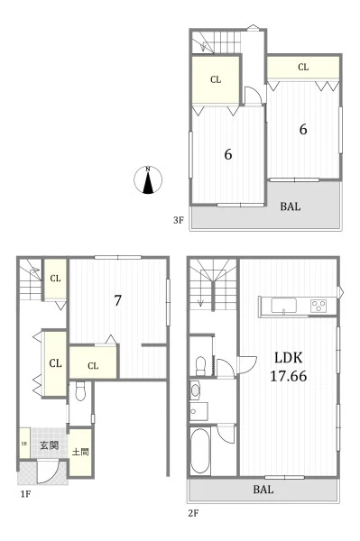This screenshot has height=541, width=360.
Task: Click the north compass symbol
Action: tap(148, 179)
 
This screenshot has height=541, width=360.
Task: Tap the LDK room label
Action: tap(288, 358)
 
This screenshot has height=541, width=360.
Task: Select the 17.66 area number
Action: tap(288, 376)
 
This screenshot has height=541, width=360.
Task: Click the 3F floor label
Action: tap(178, 220)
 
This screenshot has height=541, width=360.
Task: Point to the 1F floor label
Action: tap(25, 494)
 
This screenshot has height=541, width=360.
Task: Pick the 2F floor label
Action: tap(193, 513)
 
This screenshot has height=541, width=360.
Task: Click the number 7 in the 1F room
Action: tap(117, 300)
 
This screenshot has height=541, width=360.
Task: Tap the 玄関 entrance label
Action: tap(49, 445)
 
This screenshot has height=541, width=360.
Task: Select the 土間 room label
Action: tap(80, 452)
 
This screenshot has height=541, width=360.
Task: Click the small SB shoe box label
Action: tap(24, 444)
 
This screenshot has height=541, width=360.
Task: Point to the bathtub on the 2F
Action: tap(200, 452)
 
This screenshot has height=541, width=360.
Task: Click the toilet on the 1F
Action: tap(80, 391)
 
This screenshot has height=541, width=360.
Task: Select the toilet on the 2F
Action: tap(200, 366)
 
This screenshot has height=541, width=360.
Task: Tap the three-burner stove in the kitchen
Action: tap(318, 306)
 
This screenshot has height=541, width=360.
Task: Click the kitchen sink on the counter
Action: tap(283, 306)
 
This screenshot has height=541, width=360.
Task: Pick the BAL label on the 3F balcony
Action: tap(291, 206)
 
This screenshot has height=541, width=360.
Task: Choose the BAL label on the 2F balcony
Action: tap(263, 490)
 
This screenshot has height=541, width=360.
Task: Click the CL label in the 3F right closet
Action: tap(303, 67)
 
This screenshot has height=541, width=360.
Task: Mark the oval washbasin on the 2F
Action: tap(196, 390)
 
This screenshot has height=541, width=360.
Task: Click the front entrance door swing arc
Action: tap(54, 476)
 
